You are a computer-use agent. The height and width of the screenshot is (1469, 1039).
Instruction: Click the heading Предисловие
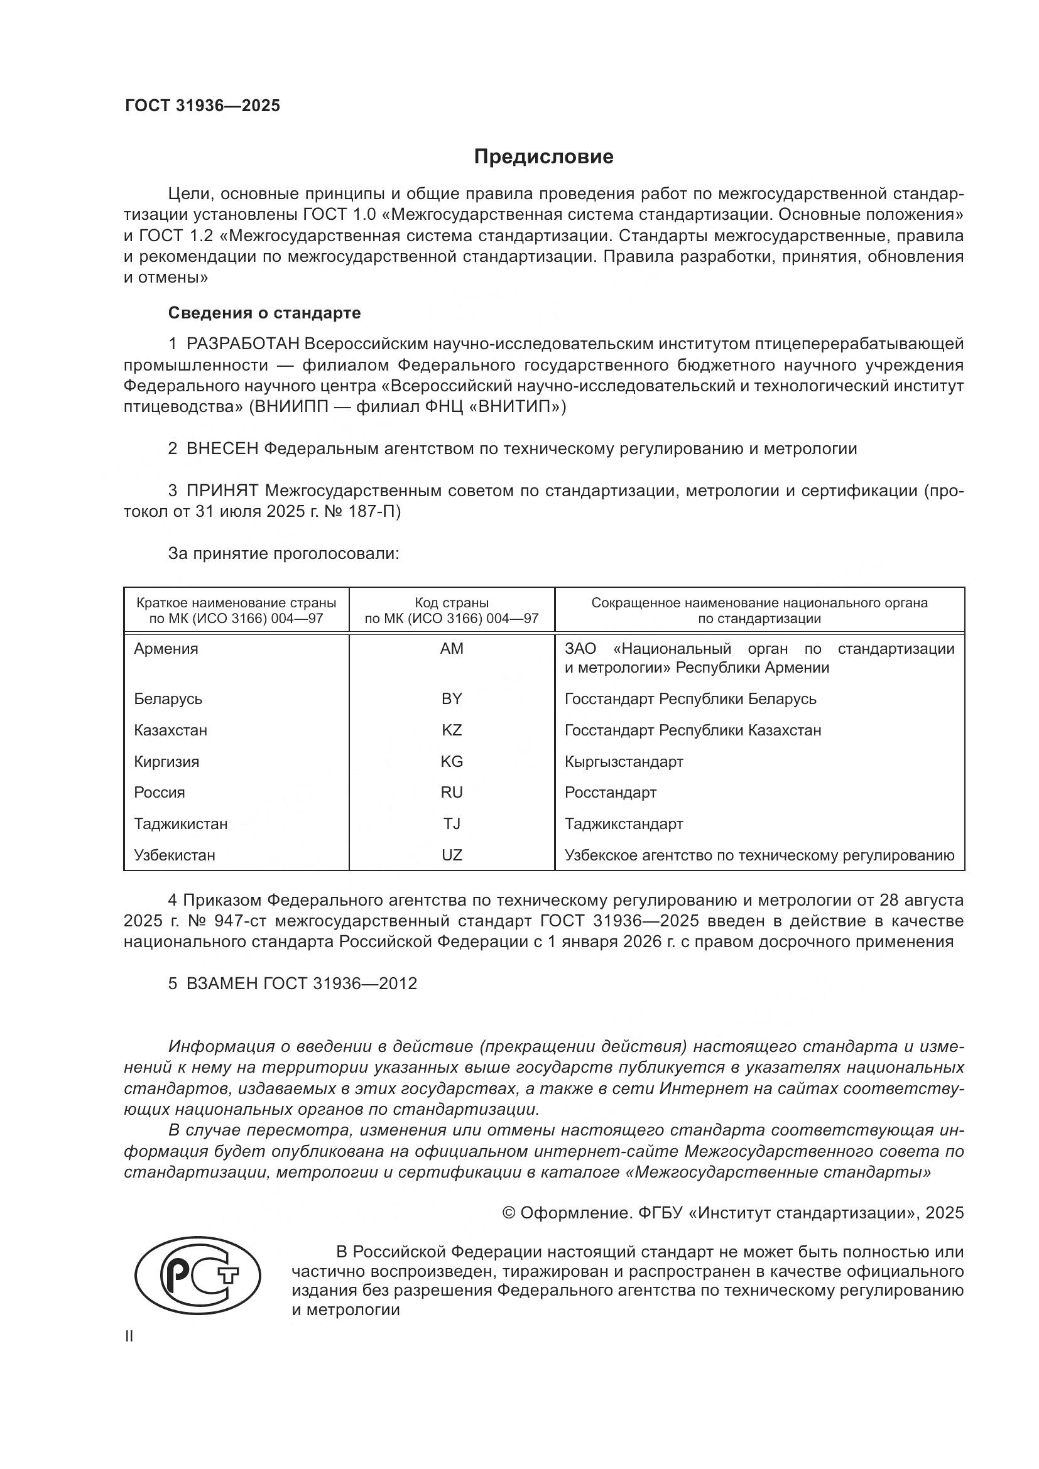pos(543,157)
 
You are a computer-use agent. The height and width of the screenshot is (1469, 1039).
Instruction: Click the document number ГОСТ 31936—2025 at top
pos(202,106)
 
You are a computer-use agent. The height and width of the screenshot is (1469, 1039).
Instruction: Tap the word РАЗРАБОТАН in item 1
pos(242,344)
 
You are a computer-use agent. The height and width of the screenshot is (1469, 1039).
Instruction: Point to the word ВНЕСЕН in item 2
pos(222,448)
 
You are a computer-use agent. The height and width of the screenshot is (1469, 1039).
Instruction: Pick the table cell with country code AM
pos(451,649)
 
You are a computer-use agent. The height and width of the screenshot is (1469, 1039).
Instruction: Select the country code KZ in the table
pos(451,730)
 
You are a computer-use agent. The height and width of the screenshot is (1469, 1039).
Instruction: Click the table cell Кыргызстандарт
pos(624,761)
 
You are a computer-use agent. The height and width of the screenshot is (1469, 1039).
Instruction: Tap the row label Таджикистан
pos(180,823)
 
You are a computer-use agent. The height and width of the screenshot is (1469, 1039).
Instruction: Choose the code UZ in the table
pos(451,855)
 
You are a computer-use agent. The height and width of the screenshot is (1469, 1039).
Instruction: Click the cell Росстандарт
pos(611,792)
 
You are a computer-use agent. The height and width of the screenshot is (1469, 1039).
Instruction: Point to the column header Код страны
pos(451,603)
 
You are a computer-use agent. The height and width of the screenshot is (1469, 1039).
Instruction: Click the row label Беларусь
pos(168,698)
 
